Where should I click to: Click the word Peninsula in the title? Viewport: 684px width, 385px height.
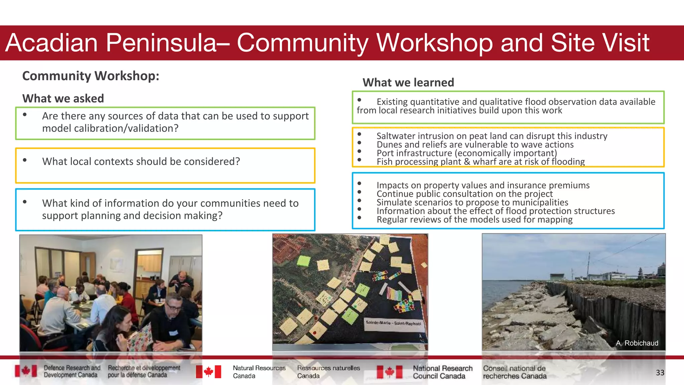[161, 43]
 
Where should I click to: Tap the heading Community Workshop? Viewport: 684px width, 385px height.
[91, 76]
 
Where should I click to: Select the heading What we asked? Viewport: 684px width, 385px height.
[63, 99]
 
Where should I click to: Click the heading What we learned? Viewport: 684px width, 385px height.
[408, 83]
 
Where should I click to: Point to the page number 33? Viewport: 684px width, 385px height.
[660, 373]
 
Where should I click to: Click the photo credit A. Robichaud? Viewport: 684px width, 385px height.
[637, 343]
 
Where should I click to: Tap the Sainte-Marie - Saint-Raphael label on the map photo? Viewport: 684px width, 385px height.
[393, 323]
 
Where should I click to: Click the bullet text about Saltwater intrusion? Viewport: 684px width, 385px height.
[492, 136]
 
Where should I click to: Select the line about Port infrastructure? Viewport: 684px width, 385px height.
[467, 153]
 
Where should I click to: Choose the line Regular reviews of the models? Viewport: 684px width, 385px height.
[474, 220]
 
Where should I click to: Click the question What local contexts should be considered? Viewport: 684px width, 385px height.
[141, 161]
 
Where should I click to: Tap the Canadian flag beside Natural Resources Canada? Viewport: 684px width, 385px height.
[208, 372]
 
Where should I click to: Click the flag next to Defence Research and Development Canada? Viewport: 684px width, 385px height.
[26, 371]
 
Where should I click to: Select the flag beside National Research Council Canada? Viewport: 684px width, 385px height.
[389, 372]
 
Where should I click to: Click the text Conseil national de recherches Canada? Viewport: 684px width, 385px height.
[514, 372]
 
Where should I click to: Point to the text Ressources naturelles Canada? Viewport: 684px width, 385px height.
[328, 372]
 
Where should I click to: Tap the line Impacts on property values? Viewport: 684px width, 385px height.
[483, 185]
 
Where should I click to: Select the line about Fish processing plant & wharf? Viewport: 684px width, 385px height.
[481, 162]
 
